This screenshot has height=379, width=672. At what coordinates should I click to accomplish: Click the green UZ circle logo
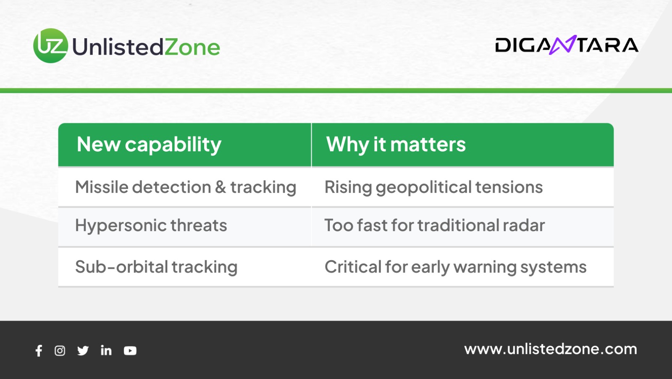tap(51, 46)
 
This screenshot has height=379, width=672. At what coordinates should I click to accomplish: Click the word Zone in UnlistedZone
tap(192, 47)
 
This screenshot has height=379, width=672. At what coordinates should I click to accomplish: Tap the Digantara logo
tap(567, 45)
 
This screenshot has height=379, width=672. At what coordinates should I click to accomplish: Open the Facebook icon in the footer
tap(39, 350)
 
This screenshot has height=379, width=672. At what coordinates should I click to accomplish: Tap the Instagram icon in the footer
tap(60, 350)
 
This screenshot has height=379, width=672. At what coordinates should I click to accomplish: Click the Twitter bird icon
tap(83, 350)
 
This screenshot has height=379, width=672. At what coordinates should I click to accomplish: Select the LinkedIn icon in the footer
tap(106, 350)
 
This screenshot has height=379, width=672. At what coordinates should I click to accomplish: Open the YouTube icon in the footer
tap(130, 350)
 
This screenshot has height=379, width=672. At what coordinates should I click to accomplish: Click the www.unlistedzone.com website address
tap(551, 349)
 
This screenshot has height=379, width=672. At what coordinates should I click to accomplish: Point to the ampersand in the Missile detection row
tap(220, 187)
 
